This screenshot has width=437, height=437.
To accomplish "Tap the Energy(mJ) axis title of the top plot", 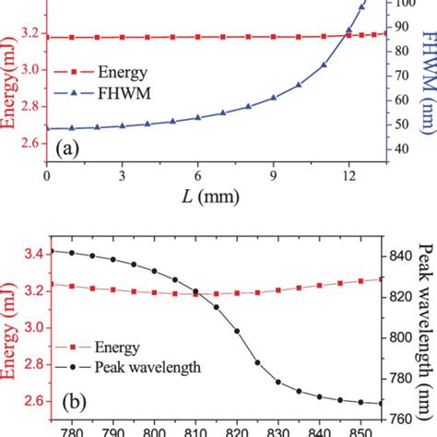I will pyautogui.click(x=12, y=92).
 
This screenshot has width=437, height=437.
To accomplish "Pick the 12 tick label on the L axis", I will pyautogui.click(x=348, y=176).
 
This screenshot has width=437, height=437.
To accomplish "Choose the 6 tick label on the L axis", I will pyautogui.click(x=197, y=176).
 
